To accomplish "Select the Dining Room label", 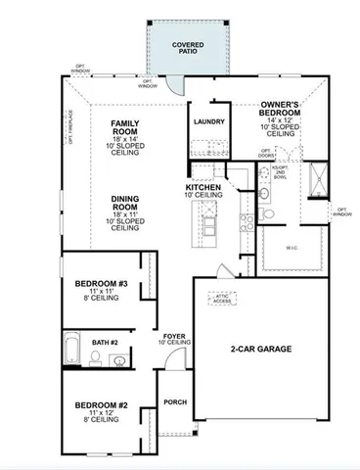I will point(129,202).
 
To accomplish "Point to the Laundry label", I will point(209,122).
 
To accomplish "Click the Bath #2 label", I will point(104,342).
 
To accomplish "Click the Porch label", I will point(175,401).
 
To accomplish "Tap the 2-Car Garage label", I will point(260,349).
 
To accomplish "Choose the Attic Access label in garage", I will point(223,298).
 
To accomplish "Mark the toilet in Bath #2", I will point(95,359).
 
